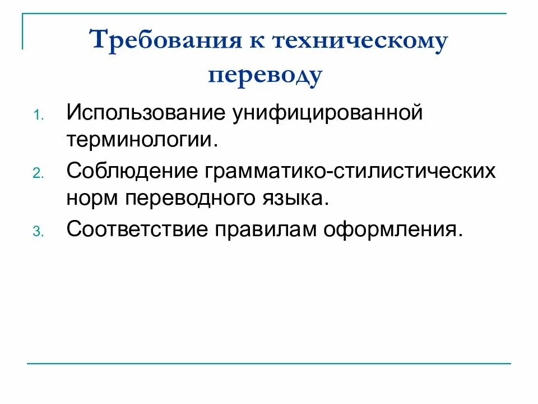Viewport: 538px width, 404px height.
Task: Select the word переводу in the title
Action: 266,75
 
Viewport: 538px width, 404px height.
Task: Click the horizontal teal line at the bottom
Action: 269,364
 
